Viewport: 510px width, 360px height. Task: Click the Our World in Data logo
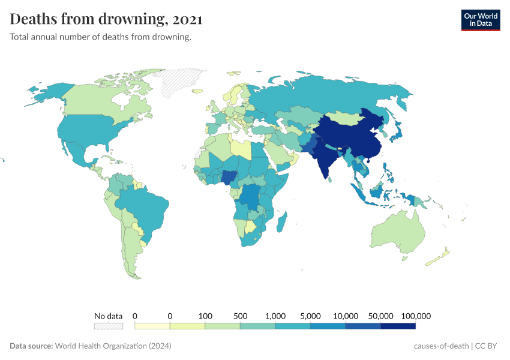pos(480,20)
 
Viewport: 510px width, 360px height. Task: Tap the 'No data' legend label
pos(108,316)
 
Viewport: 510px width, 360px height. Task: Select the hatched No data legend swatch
pos(108,326)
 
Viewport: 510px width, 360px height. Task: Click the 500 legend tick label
pos(240,316)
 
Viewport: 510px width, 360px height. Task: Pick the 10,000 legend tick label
pos(346,316)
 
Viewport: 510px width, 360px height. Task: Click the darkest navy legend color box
pos(398,326)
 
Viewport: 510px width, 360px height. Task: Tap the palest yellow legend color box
pos(152,326)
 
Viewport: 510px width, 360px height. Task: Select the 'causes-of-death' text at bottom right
pos(441,346)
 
